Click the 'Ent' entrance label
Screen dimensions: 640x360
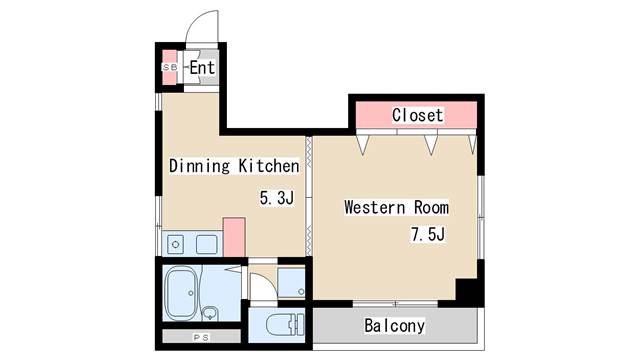coord(202,68)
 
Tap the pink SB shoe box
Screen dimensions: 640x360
coord(170,67)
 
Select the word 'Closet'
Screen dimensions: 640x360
coord(417,115)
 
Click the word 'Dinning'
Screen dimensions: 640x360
coord(200,166)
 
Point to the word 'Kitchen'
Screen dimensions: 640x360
coord(269,166)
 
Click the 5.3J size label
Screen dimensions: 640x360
coord(277,198)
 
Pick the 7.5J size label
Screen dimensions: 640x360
coord(428,235)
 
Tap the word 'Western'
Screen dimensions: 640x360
coord(375,207)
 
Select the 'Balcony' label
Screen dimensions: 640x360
coord(394,326)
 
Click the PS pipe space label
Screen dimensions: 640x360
coord(201,338)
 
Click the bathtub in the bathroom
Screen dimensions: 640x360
coord(181,293)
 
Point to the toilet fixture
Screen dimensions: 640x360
coord(285,325)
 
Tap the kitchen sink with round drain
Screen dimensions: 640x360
coord(176,244)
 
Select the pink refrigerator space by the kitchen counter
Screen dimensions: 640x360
coord(234,237)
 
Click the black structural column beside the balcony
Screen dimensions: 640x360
coord(469,291)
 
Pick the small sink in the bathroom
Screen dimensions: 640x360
coord(210,313)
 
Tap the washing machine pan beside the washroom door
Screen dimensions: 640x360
coord(291,282)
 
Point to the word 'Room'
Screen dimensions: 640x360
coord(431,207)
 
